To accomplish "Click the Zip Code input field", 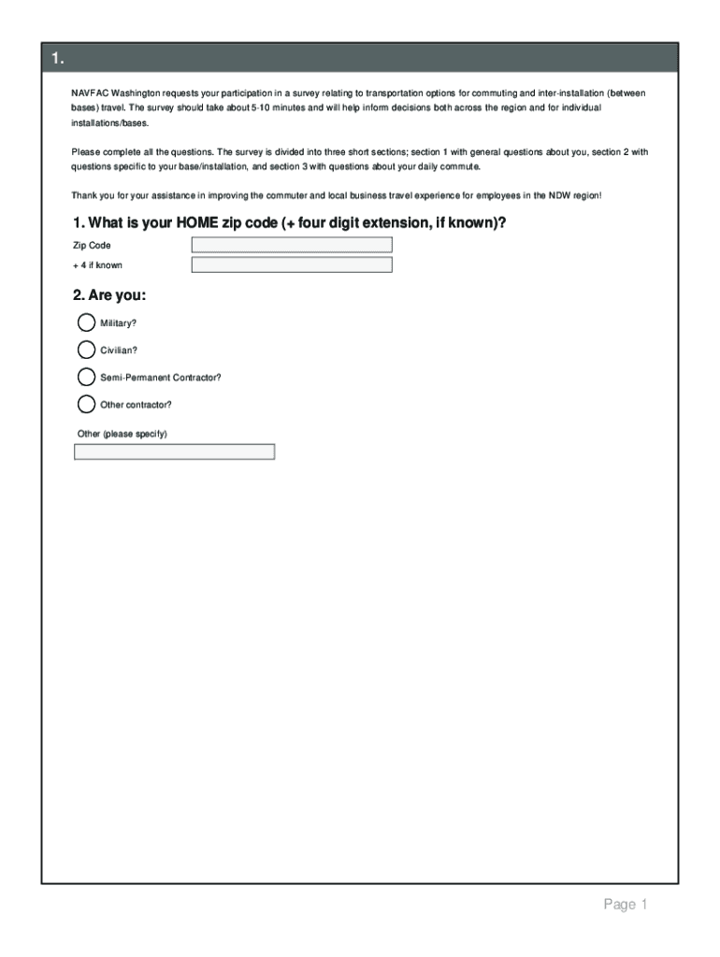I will point(292,245).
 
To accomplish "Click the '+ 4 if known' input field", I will point(292,264).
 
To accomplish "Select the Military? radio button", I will point(86,322).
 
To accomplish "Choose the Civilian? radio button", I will point(86,350).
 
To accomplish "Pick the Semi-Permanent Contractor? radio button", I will point(86,377).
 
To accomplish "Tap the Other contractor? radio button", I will point(86,405).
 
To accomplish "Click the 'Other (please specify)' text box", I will point(174,452).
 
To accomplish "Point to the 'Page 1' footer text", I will point(625,905).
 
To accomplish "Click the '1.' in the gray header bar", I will point(58,60).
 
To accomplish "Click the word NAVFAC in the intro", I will point(90,94).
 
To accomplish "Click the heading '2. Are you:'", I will point(109,295).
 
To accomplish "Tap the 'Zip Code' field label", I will point(92,246).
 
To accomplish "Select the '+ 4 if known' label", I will point(97,265).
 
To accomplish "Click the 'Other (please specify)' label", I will point(122,434).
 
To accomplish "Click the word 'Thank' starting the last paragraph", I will point(85,195).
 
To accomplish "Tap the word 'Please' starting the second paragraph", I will point(86,151).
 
